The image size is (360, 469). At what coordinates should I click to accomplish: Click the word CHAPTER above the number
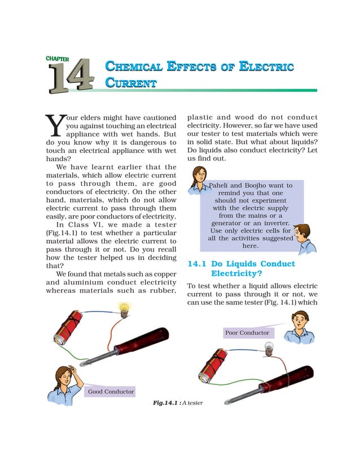coord(57,58)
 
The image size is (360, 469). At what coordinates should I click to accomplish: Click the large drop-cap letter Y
coord(52,126)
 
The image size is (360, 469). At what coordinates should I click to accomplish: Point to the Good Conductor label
coord(111,391)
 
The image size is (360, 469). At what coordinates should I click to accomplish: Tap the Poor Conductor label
coord(247,332)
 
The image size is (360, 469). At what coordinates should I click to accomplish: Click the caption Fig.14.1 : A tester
coord(178,402)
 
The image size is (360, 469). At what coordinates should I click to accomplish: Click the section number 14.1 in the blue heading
coord(197,264)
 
